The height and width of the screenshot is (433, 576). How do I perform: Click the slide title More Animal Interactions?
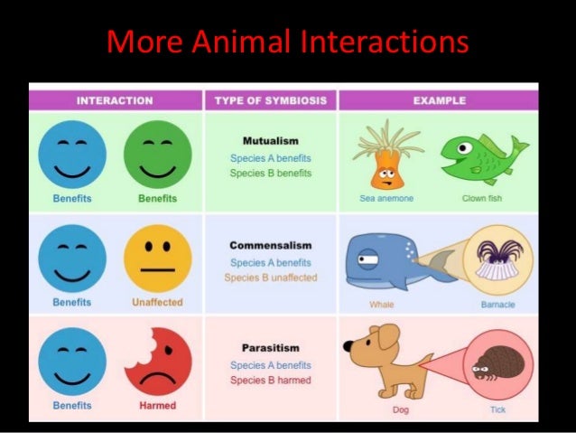pos(288,42)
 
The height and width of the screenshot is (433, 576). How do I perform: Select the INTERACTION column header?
pos(115,100)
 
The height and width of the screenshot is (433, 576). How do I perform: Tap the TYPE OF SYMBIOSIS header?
pos(271,100)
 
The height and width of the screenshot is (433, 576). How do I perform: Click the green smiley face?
pos(158,155)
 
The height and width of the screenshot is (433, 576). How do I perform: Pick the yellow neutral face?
pos(158,259)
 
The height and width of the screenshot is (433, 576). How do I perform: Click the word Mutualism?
pos(271,141)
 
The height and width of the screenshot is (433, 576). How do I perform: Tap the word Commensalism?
pos(271,245)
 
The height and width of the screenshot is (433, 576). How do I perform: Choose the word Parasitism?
pos(271,348)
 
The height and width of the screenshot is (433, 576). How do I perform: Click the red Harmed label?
pos(157,406)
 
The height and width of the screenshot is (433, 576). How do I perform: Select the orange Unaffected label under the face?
pos(157,302)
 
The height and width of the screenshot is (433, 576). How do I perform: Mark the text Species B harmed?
pos(271,381)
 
